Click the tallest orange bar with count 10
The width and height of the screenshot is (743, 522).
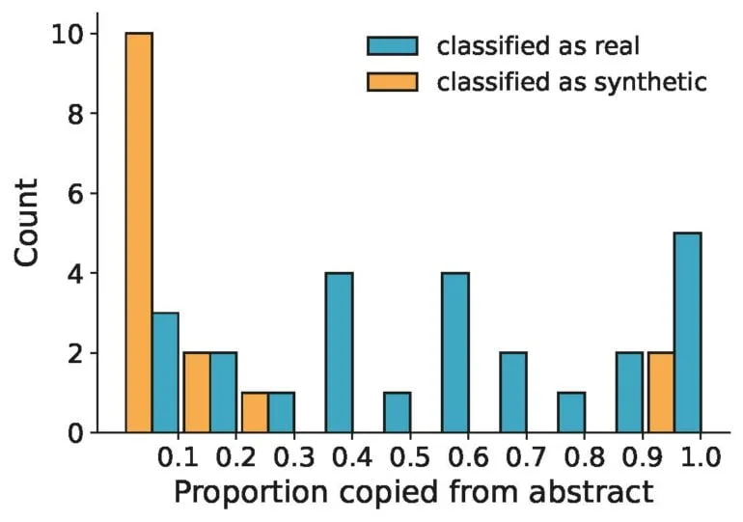coord(139,233)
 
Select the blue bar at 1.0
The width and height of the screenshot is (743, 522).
coord(688,333)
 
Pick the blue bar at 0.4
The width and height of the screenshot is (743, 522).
coord(340,353)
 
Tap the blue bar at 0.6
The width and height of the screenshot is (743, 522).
coord(455,353)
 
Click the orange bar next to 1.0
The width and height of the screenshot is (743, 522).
coord(661,393)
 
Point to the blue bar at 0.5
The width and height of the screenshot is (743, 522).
coord(398,413)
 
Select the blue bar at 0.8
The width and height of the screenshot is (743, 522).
coord(571,413)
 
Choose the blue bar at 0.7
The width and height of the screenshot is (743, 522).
coord(513,393)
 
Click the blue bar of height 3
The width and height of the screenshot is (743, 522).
coord(165,372)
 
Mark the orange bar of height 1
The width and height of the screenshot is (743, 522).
coord(255,413)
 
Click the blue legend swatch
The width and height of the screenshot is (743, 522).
coord(393,46)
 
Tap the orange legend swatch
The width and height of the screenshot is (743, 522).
coord(393,82)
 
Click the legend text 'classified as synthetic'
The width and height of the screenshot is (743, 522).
coord(572,82)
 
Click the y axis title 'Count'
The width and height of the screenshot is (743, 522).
coord(26,223)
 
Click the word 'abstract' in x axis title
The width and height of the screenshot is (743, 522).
coord(592,492)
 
